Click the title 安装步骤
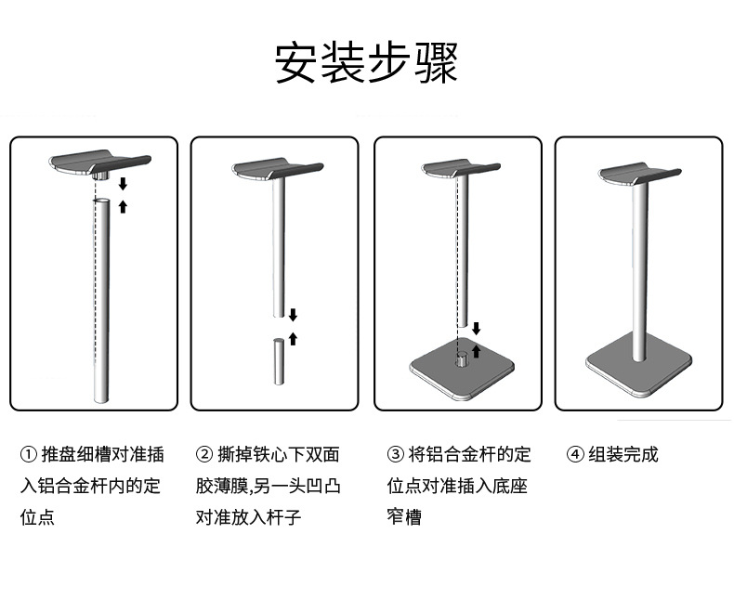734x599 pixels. click(366, 63)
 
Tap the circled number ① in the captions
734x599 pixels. click(29, 455)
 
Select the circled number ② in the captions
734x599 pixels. click(204, 455)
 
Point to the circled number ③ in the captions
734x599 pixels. click(396, 455)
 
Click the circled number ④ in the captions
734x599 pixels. click(575, 455)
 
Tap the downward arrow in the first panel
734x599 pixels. click(123, 184)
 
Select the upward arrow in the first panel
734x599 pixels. click(123, 205)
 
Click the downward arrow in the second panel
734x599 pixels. click(293, 315)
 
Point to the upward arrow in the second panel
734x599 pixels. click(293, 338)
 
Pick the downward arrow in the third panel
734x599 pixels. click(477, 328)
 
